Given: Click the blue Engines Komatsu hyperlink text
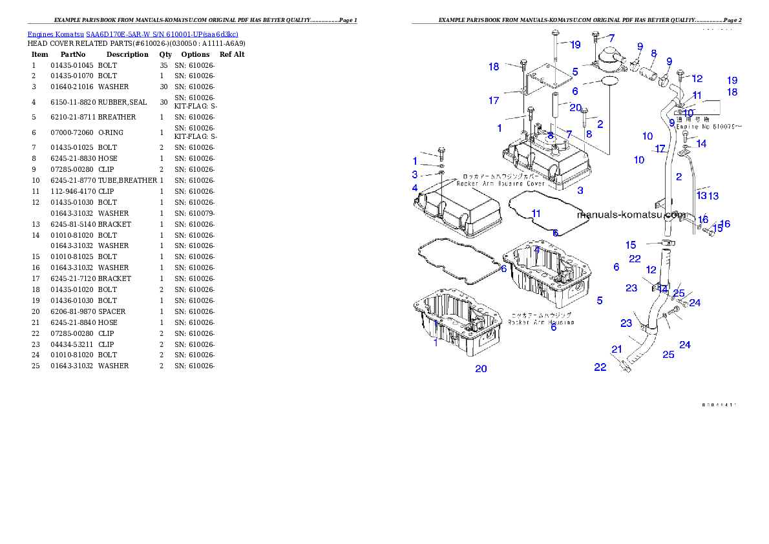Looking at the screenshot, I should click(x=132, y=34).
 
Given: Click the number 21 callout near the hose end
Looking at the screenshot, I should click(x=617, y=350).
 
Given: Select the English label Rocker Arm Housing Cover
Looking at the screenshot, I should click(x=501, y=183).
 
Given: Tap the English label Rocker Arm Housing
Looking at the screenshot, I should click(x=541, y=322).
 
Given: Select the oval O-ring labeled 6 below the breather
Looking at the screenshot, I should click(x=609, y=81).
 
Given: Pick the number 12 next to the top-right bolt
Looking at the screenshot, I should click(x=697, y=79).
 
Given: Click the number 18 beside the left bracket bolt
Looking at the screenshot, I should click(x=494, y=67).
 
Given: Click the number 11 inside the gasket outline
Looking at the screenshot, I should click(x=536, y=213).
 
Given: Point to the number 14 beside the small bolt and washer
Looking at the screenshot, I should click(x=701, y=143).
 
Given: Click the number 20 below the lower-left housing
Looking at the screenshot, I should click(x=481, y=369).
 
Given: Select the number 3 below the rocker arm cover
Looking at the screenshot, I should click(x=580, y=191).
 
